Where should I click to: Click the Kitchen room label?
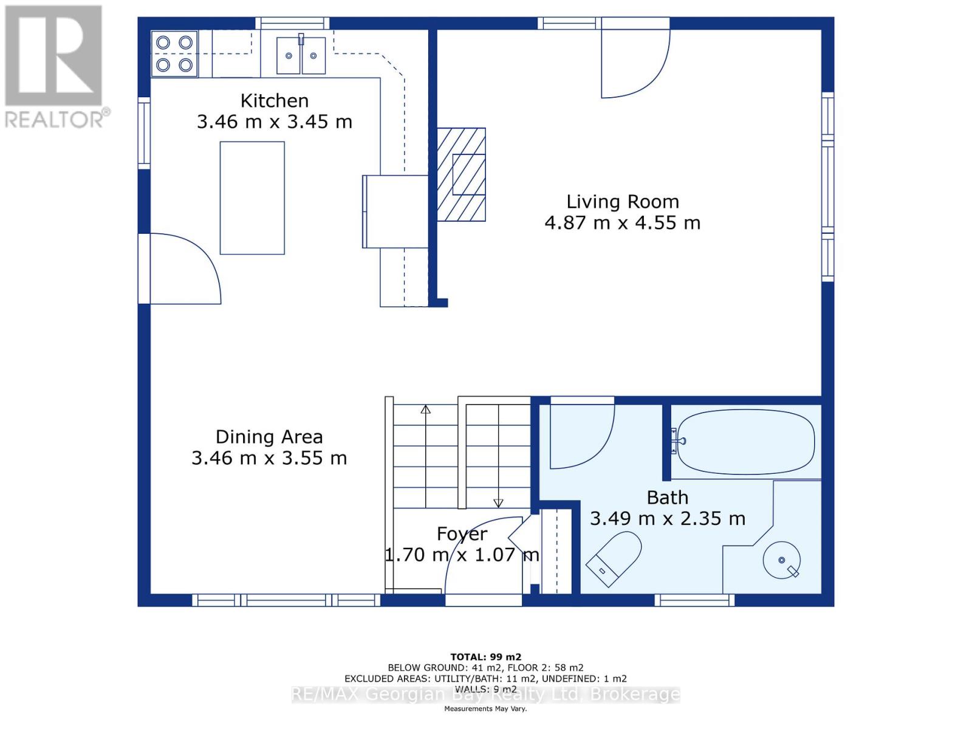pyautogui.click(x=274, y=101)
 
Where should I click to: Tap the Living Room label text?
pyautogui.click(x=623, y=202)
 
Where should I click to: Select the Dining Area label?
pyautogui.click(x=269, y=437)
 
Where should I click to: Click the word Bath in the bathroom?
pyautogui.click(x=667, y=498)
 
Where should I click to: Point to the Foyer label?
pyautogui.click(x=462, y=533)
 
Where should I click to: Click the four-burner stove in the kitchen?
pyautogui.click(x=174, y=54)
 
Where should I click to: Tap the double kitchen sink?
pyautogui.click(x=301, y=55)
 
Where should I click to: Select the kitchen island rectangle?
pyautogui.click(x=252, y=198)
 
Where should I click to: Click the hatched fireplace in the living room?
pyautogui.click(x=462, y=174)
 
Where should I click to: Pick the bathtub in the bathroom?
pyautogui.click(x=746, y=441)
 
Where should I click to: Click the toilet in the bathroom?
pyautogui.click(x=614, y=558)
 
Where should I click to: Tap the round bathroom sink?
pyautogui.click(x=782, y=560)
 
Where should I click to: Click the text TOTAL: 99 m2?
pyautogui.click(x=486, y=657)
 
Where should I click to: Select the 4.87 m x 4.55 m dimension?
pyautogui.click(x=623, y=222)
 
